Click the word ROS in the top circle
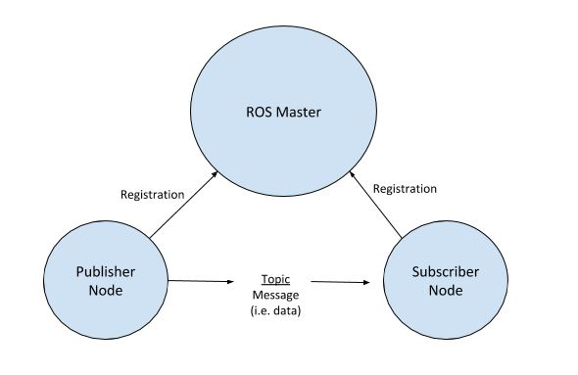(x=260, y=113)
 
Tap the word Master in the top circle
(x=299, y=113)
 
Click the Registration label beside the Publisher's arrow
(x=152, y=194)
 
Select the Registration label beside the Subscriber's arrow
(x=405, y=188)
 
